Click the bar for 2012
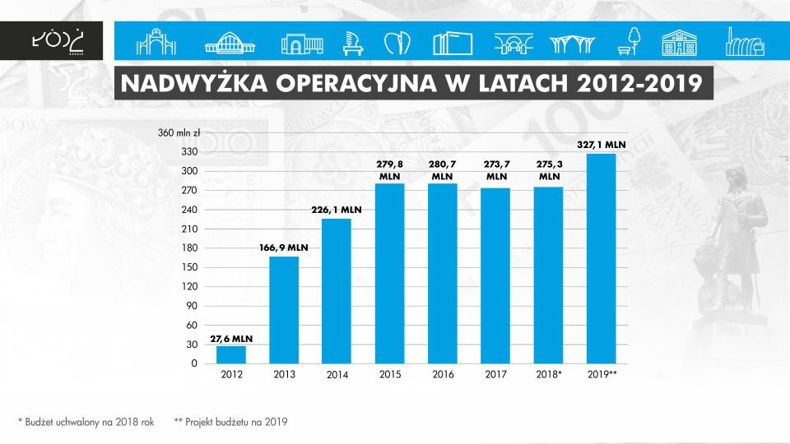pos(231,354)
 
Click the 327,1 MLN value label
pos(601,144)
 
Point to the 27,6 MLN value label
pos(231,337)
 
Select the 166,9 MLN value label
pos(284,247)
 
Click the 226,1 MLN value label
pos(337,210)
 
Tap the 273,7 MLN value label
pos(496,170)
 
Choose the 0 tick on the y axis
pos(194,363)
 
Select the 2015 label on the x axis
pos(390,375)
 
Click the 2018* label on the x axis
pos(549,375)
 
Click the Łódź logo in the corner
pos(57,39)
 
